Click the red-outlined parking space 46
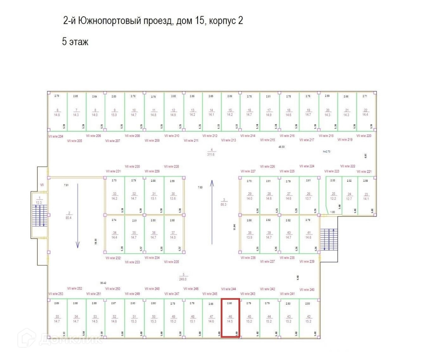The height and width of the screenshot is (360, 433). pos(230,318)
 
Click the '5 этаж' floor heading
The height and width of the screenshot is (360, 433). pos(75,42)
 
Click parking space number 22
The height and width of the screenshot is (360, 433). pos(366,111)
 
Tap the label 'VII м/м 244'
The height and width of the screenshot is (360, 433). pos(228,289)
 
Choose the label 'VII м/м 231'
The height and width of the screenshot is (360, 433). pos(113,171)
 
